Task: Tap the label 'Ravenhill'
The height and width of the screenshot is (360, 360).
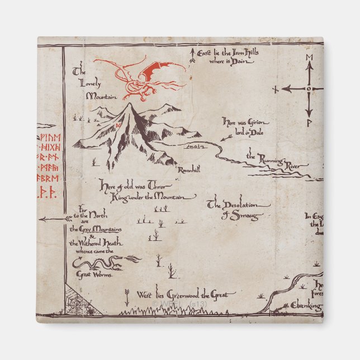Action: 188,169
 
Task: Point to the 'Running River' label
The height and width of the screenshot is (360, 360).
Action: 278,161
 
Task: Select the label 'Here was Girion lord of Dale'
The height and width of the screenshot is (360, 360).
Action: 245,126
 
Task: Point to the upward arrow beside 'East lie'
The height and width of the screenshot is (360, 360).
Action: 193,54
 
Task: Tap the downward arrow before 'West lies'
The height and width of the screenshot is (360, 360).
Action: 127,294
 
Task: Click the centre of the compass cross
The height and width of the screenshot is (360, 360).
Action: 308,88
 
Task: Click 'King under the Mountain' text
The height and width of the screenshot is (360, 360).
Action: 148,197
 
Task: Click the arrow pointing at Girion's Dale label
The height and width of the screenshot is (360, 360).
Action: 226,138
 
